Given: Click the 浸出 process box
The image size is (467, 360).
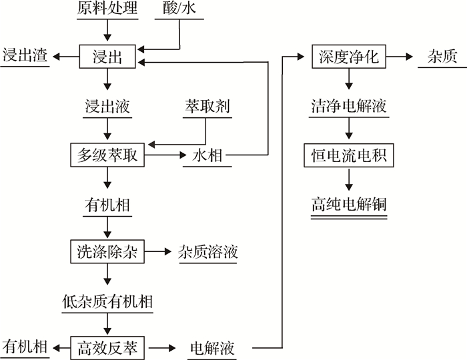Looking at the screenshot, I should point(107,56).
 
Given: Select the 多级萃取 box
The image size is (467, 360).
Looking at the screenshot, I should point(107,155).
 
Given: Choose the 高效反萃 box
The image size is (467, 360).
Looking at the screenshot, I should point(107,347).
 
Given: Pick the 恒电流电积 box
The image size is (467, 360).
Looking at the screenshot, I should point(348,155).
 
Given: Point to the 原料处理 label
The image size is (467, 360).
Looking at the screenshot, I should point(107,9).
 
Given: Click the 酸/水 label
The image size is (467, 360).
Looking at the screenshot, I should point(180,9).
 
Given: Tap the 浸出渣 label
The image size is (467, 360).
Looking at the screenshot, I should point(25,56).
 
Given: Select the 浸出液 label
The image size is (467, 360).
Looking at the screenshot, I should point(107,106).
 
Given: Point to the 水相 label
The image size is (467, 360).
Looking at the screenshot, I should point(207,155).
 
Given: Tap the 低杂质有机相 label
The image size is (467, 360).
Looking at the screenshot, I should point(107,301).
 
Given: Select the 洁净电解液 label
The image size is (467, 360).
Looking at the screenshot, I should point(348,106).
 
